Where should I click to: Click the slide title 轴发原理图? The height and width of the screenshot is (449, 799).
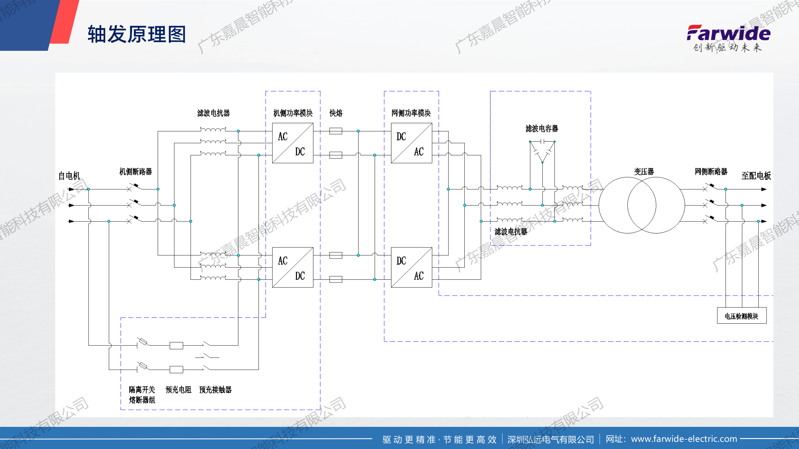click(x=137, y=34)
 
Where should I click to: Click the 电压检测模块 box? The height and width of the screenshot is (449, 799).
click(x=742, y=316)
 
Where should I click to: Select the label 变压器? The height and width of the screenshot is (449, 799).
click(x=644, y=171)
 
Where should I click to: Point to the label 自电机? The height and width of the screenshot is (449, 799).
click(x=69, y=176)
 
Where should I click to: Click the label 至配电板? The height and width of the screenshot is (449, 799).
click(x=756, y=176)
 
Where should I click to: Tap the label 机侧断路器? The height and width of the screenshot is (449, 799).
click(x=135, y=171)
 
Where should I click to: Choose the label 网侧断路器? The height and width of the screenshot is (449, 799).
click(x=711, y=171)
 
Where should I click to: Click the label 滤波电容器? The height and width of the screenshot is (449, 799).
click(x=542, y=128)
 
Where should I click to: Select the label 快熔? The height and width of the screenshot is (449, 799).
click(x=336, y=113)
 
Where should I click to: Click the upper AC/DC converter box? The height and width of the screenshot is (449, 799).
click(x=292, y=143)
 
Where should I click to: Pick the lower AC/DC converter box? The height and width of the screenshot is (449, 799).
click(x=292, y=267)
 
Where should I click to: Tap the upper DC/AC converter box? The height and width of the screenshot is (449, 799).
click(x=411, y=143)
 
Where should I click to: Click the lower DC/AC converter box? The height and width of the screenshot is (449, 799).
click(x=411, y=267)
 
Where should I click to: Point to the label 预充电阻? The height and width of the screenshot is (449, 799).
click(x=178, y=389)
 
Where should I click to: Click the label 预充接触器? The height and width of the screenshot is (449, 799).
click(x=215, y=389)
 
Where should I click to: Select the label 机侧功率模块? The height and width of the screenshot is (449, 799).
click(x=293, y=113)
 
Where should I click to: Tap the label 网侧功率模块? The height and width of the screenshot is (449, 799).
click(x=411, y=113)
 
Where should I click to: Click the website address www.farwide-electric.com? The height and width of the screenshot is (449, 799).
click(x=684, y=439)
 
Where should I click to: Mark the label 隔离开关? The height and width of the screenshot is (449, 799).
click(x=142, y=389)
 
